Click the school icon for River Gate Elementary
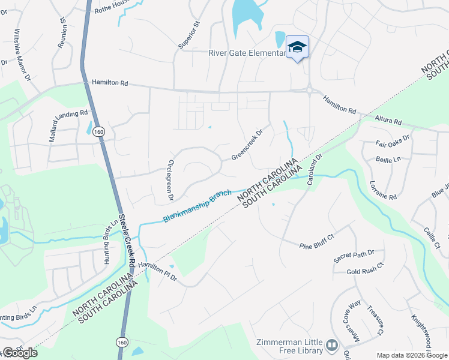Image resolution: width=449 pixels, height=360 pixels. click(297, 47)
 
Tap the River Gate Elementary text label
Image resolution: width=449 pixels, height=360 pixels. click(247, 53)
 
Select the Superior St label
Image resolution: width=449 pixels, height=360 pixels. click(188, 36)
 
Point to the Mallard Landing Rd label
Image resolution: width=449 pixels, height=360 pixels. click(68, 125)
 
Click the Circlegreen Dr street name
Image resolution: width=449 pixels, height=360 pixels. click(170, 181)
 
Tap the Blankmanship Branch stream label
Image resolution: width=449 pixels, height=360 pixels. click(197, 206)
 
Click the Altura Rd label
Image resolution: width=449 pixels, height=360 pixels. click(387, 121)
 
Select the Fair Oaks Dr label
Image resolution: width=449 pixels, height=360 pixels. click(392, 141)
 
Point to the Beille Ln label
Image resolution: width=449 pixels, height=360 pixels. click(388, 160)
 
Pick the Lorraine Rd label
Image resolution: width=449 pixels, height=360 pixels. click(383, 190)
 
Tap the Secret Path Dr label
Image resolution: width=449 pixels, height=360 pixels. click(354, 256)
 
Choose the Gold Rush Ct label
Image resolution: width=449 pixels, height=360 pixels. click(365, 268)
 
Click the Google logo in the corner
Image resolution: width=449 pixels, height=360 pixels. click(20, 353)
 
